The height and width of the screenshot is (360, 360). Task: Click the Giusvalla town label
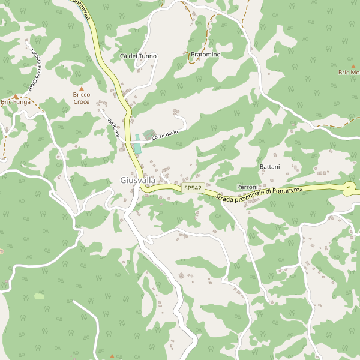pyautogui.click(x=137, y=180)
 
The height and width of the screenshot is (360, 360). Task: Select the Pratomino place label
pyautogui.click(x=205, y=55)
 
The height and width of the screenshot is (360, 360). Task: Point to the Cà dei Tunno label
pyautogui.click(x=138, y=56)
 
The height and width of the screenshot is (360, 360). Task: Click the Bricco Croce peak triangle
pyautogui.click(x=82, y=89)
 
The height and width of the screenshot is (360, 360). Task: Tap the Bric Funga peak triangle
pyautogui.click(x=16, y=96)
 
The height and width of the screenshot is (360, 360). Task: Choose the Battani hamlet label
pyautogui.click(x=269, y=166)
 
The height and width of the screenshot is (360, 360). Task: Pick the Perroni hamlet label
pyautogui.click(x=247, y=187)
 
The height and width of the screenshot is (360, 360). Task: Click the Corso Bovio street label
pyautogui.click(x=165, y=135)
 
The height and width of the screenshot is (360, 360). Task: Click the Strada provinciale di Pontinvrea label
pyautogui.click(x=260, y=194)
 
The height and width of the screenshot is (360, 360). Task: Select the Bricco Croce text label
pyautogui.click(x=82, y=98)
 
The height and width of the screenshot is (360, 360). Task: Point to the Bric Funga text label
pyautogui.click(x=15, y=103)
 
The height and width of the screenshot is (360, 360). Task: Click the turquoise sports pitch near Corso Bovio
pyautogui.click(x=137, y=143)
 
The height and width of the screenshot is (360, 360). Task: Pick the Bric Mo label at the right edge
pyautogui.click(x=349, y=72)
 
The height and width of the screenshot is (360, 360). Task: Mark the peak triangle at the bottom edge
pyautogui.click(x=112, y=356)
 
